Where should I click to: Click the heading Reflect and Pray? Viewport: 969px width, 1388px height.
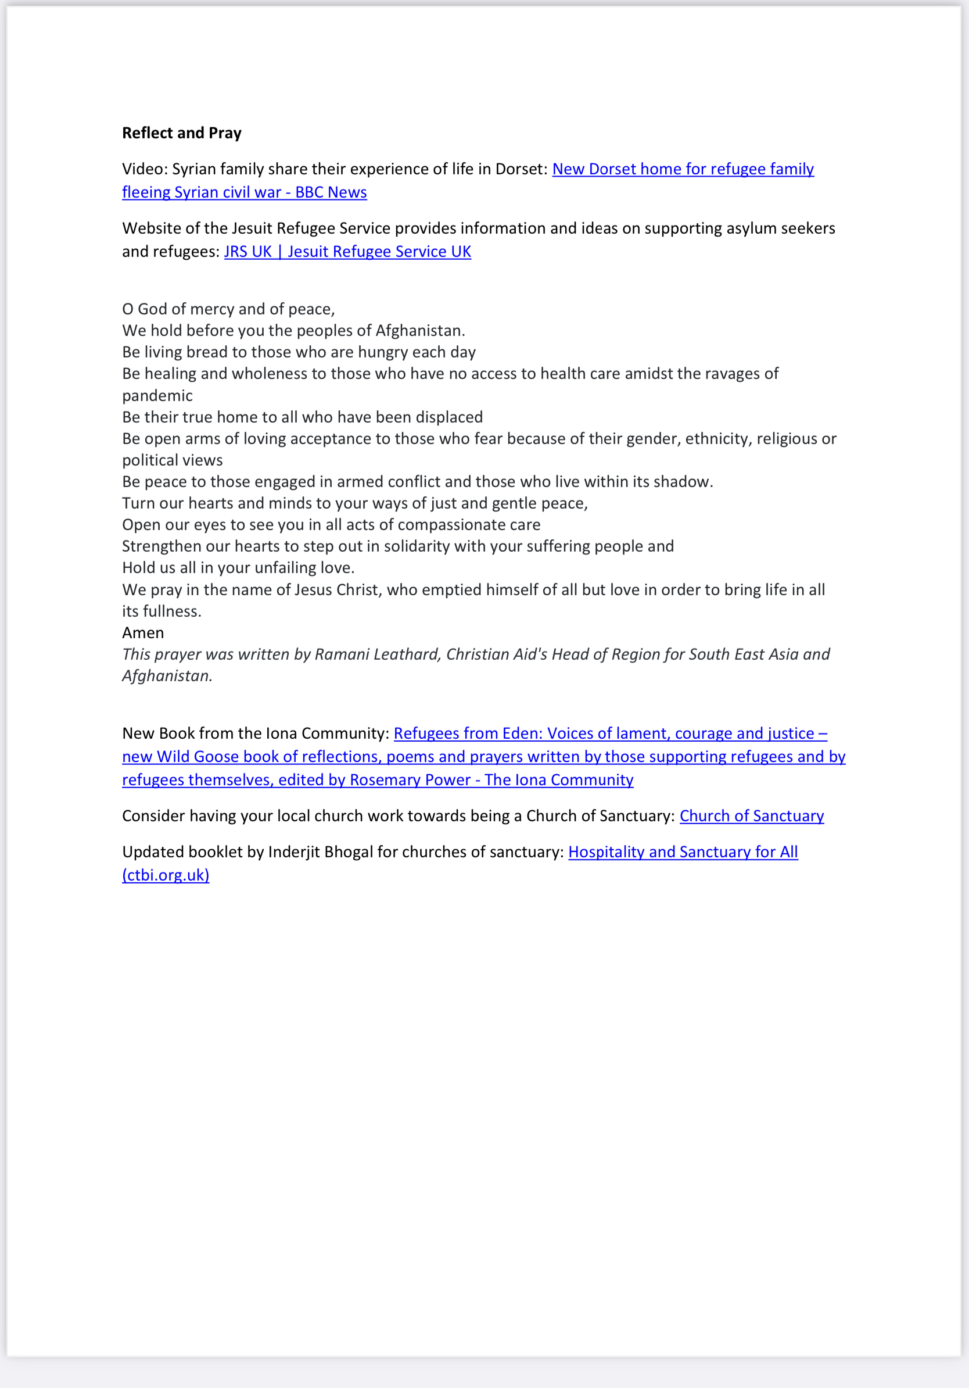click(181, 133)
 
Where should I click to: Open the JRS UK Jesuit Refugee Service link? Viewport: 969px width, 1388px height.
click(347, 252)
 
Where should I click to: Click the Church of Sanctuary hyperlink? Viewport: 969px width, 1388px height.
click(752, 816)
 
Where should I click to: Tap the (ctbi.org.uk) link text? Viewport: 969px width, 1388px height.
click(166, 875)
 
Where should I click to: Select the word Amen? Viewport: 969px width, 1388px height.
click(142, 633)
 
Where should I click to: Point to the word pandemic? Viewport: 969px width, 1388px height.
click(157, 396)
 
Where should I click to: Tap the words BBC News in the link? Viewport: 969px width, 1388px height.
click(331, 192)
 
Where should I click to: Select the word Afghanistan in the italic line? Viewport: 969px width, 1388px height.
click(166, 677)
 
